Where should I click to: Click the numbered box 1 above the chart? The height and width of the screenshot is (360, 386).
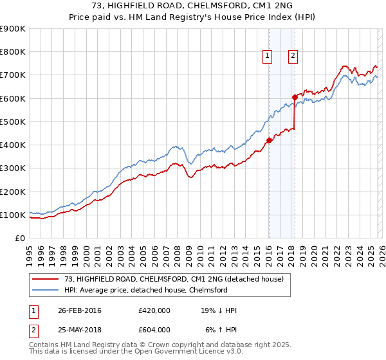tap(267, 57)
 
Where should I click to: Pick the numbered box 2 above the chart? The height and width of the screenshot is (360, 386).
tap(293, 57)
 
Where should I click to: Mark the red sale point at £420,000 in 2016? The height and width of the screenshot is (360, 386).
tap(268, 139)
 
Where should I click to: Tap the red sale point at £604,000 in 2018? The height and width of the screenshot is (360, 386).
tap(294, 97)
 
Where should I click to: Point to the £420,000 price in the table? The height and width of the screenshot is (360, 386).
tap(154, 310)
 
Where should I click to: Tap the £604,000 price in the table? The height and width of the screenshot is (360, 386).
tap(154, 329)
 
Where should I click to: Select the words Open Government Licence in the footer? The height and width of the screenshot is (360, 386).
tap(193, 353)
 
